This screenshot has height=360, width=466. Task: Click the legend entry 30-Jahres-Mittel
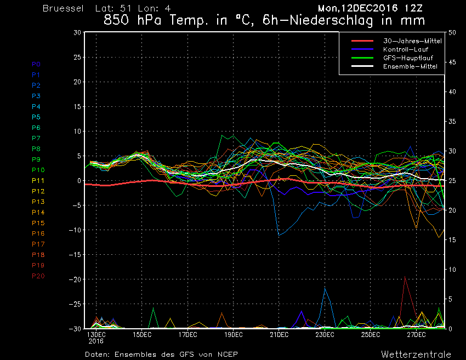(412, 41)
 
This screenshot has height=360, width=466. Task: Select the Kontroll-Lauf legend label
(405, 49)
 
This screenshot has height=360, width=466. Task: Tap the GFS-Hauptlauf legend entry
(408, 58)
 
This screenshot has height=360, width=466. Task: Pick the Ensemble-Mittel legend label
(410, 66)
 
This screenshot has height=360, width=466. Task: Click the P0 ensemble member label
(36, 64)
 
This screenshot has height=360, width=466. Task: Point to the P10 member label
(38, 170)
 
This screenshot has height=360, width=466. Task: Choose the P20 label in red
(38, 276)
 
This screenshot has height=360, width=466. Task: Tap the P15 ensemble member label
(38, 223)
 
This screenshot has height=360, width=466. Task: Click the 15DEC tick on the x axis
(142, 335)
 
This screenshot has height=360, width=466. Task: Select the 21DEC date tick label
(279, 335)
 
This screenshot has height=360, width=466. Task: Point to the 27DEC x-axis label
(416, 335)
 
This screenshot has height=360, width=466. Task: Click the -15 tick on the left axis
(75, 255)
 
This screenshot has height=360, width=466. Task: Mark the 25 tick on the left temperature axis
(77, 57)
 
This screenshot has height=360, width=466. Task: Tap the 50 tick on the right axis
(452, 32)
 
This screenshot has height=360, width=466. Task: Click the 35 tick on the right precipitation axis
(452, 122)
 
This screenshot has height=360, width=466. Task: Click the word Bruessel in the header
(63, 8)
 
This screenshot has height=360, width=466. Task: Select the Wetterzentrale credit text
(416, 355)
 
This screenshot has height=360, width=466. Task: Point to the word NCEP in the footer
(228, 355)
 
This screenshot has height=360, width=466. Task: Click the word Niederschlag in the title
(331, 20)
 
